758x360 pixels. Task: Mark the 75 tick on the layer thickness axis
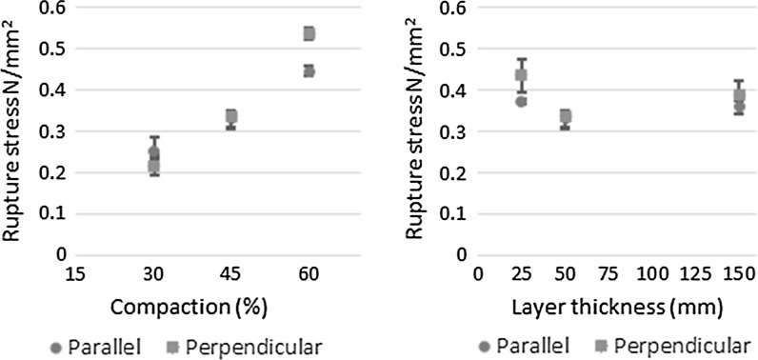[609, 274]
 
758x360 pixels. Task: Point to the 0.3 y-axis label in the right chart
[449, 131]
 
